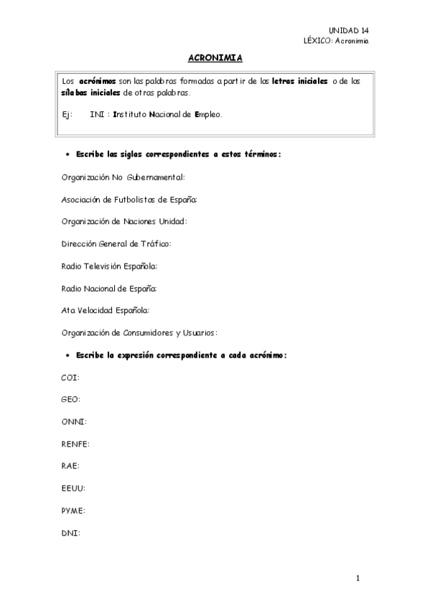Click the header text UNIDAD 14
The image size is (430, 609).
click(349, 30)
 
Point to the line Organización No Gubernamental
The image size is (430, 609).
click(123, 177)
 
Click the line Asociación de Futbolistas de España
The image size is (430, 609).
click(130, 199)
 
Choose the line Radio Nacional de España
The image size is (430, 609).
click(109, 288)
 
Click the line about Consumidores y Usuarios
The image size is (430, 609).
click(139, 333)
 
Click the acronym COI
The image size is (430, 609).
click(70, 377)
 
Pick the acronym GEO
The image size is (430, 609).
click(71, 399)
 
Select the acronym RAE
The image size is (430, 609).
click(70, 466)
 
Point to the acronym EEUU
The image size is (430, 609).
click(73, 488)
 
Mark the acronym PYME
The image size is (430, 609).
click(73, 511)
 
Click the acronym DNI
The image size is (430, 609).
click(70, 533)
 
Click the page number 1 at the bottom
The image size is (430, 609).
click(357, 578)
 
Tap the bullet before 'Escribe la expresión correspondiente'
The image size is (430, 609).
click(67, 355)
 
